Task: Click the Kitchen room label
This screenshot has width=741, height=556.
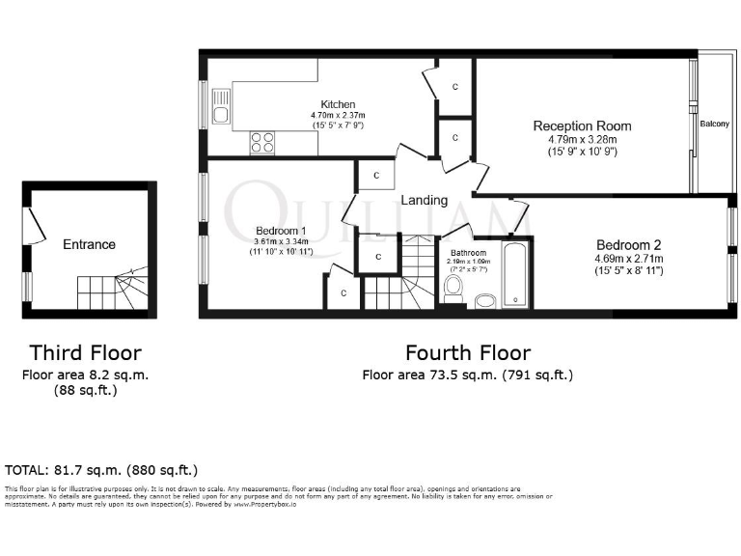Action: pyautogui.click(x=339, y=104)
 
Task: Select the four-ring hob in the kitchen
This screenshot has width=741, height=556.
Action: pyautogui.click(x=262, y=142)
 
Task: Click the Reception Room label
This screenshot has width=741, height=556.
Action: pyautogui.click(x=582, y=125)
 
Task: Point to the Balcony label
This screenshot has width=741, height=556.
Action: pyautogui.click(x=714, y=124)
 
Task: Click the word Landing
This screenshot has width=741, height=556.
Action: pyautogui.click(x=425, y=201)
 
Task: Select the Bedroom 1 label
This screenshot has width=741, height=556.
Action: pyautogui.click(x=280, y=231)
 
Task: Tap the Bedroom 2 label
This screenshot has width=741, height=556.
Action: pyautogui.click(x=628, y=244)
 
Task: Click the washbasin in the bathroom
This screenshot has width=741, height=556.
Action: pyautogui.click(x=485, y=302)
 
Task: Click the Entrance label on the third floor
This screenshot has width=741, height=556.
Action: pyautogui.click(x=89, y=244)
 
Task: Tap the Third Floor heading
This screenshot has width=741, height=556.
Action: pyautogui.click(x=85, y=352)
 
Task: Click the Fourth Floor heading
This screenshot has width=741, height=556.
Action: pyautogui.click(x=467, y=352)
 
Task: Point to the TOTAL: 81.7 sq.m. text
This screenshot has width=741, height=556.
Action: pyautogui.click(x=101, y=470)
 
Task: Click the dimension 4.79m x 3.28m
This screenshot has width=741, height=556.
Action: pyautogui.click(x=582, y=139)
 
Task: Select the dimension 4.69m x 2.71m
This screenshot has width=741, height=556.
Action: pyautogui.click(x=628, y=258)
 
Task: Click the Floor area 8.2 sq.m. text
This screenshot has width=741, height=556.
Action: pyautogui.click(x=85, y=375)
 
